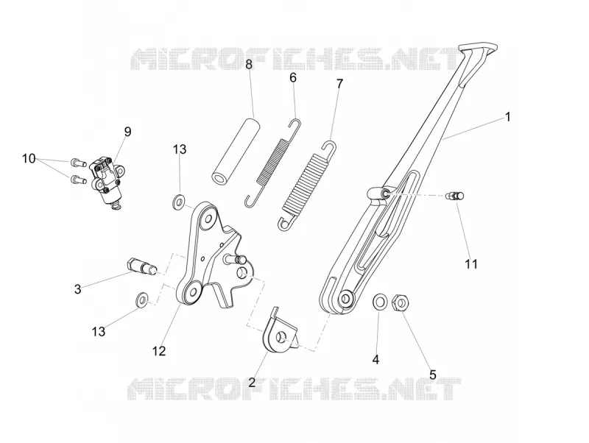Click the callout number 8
pyautogui.click(x=249, y=65)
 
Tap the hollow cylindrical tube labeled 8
pyautogui.click(x=236, y=151)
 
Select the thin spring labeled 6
pyautogui.click(x=272, y=163)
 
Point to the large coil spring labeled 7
pyautogui.click(x=308, y=185)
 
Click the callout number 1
pyautogui.click(x=508, y=117)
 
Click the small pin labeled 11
pyautogui.click(x=454, y=196)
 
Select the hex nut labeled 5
pyautogui.click(x=401, y=302)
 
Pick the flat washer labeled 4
pyautogui.click(x=379, y=302)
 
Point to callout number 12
pyautogui.click(x=159, y=352)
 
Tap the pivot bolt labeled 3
pyautogui.click(x=143, y=266)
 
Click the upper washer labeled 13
pyautogui.click(x=179, y=201)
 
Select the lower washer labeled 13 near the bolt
pyautogui.click(x=142, y=299)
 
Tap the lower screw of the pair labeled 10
pyautogui.click(x=79, y=180)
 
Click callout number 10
pyautogui.click(x=29, y=159)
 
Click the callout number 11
pyautogui.click(x=471, y=264)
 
